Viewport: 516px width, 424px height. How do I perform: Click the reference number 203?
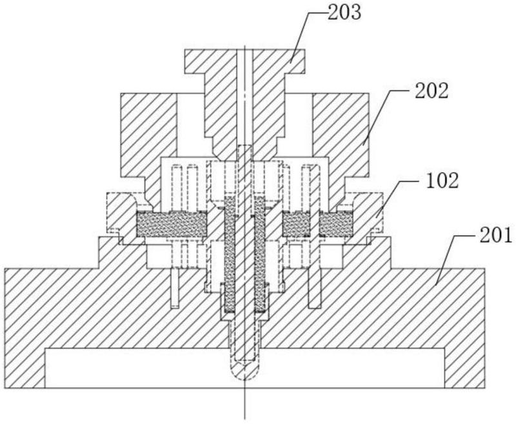click(344, 12)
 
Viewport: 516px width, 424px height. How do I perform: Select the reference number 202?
click(432, 91)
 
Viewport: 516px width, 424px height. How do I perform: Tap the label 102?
click(442, 181)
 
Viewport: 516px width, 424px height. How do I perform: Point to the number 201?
click(495, 236)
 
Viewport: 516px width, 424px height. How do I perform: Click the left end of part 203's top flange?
click(185, 61)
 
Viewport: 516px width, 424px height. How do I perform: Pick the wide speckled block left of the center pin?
click(172, 224)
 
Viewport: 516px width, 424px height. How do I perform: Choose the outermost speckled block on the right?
click(336, 224)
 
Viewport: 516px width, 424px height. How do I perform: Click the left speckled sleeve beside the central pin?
click(230, 254)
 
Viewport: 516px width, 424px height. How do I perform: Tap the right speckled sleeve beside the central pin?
click(260, 254)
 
